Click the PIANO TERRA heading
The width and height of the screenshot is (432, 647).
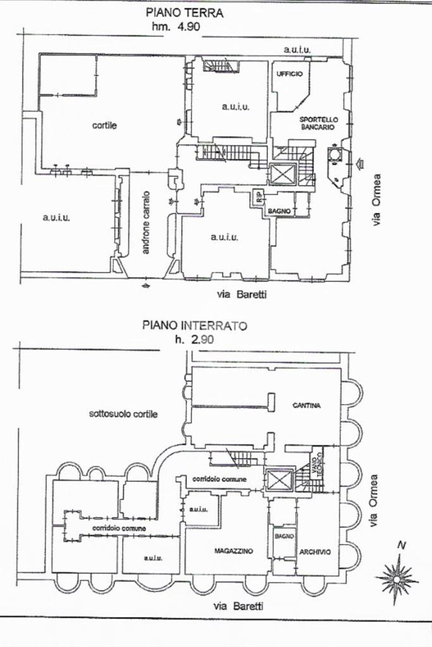(x=185, y=12)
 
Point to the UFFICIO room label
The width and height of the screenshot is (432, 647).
(x=290, y=74)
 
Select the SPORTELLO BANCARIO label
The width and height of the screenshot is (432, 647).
(x=319, y=123)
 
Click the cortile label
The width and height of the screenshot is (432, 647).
(x=104, y=125)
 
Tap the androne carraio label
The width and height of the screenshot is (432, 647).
(x=146, y=223)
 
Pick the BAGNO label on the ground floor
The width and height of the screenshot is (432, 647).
(x=279, y=211)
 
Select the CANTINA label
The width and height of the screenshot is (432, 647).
(x=306, y=405)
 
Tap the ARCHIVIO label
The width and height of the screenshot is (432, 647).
(x=315, y=551)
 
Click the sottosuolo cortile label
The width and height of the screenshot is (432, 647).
(x=123, y=414)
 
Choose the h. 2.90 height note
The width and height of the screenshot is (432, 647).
(x=194, y=340)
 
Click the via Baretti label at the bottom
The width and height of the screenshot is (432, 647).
(x=238, y=606)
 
